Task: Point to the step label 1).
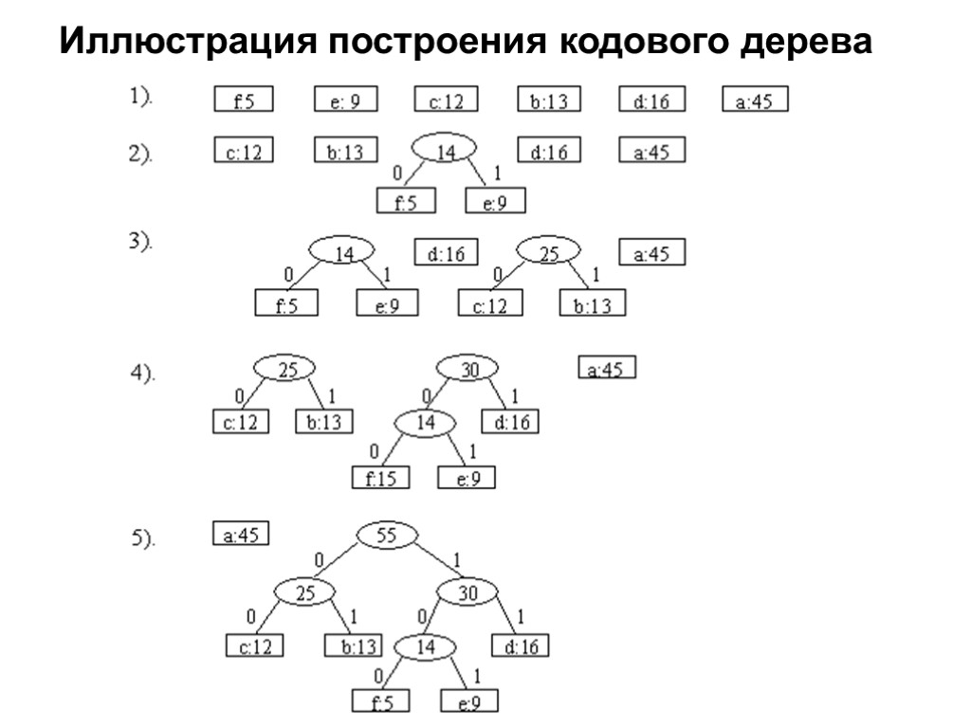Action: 143,98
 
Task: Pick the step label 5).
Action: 143,538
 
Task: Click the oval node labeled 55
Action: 386,535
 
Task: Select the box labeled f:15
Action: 382,479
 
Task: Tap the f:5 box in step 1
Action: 244,100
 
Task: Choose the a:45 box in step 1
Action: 755,100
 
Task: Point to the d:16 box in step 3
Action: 447,253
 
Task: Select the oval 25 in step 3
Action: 548,253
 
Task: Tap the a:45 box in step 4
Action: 607,369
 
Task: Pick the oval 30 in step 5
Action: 468,593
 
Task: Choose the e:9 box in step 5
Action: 468,702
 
